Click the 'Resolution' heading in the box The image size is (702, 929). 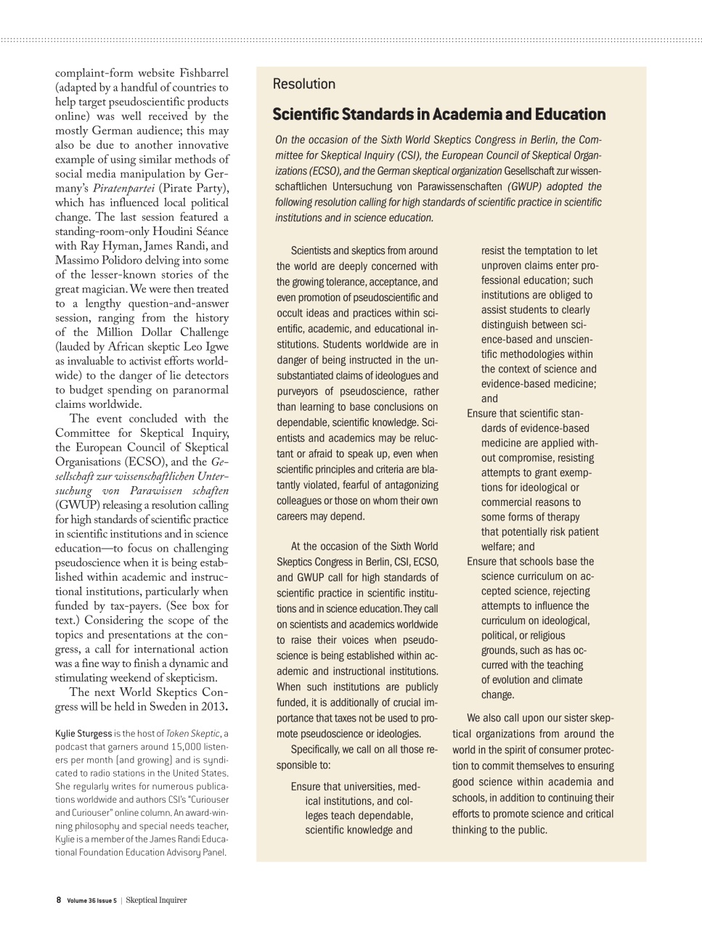(x=303, y=84)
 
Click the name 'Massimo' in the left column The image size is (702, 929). (x=79, y=261)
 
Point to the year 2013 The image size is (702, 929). (x=211, y=707)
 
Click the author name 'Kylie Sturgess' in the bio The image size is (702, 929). (x=83, y=734)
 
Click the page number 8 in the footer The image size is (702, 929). (x=59, y=900)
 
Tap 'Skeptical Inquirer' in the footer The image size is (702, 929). (x=156, y=900)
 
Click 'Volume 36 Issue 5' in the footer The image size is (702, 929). (x=91, y=901)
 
